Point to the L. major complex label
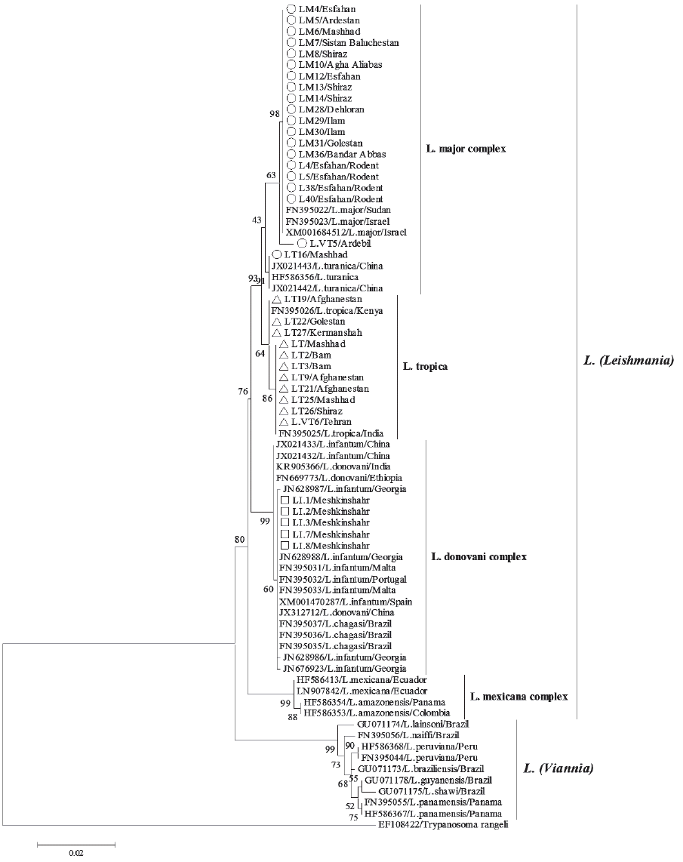(x=466, y=149)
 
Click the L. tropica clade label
(x=425, y=367)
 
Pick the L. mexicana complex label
(x=518, y=696)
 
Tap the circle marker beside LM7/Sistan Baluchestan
(x=291, y=43)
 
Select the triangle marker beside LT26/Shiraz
(x=284, y=411)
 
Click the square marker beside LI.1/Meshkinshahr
(x=285, y=500)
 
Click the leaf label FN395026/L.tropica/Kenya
(x=327, y=310)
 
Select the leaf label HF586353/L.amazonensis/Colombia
(x=377, y=713)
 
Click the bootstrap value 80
(x=240, y=539)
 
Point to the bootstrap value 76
(x=243, y=391)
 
